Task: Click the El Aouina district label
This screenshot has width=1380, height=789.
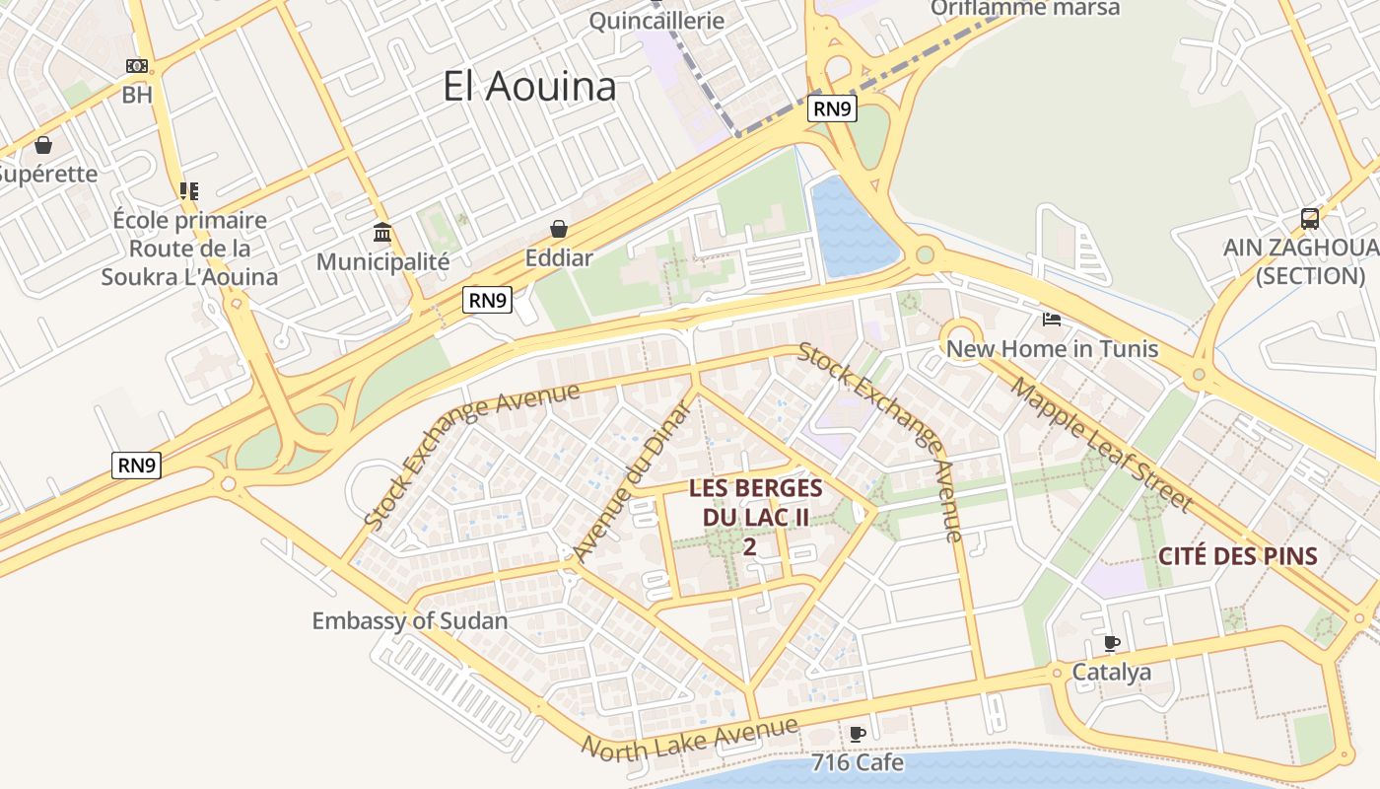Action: pyautogui.click(x=529, y=87)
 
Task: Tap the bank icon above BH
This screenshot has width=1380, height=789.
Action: pyautogui.click(x=136, y=66)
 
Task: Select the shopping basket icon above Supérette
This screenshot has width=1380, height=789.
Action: pyautogui.click(x=43, y=145)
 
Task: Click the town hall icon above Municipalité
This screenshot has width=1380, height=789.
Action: pyautogui.click(x=382, y=233)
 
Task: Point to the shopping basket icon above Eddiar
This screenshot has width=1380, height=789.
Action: pyautogui.click(x=559, y=229)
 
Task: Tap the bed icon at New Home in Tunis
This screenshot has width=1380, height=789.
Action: pyautogui.click(x=1052, y=319)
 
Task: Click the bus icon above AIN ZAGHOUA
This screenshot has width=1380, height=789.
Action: pyautogui.click(x=1309, y=218)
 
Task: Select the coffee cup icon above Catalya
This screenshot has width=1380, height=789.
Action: pyautogui.click(x=1112, y=644)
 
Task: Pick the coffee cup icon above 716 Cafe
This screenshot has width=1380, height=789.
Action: pyautogui.click(x=857, y=734)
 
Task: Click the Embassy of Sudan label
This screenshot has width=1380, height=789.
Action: pyautogui.click(x=409, y=621)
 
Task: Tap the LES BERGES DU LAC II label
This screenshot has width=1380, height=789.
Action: pyautogui.click(x=755, y=503)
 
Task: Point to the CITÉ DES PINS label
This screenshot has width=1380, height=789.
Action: pyautogui.click(x=1237, y=556)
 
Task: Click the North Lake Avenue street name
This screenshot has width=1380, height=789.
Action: pyautogui.click(x=689, y=739)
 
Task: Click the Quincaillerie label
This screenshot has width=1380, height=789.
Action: pyautogui.click(x=656, y=20)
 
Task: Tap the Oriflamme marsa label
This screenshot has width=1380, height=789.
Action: pyautogui.click(x=1025, y=9)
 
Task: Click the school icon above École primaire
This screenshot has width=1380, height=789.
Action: pyautogui.click(x=188, y=191)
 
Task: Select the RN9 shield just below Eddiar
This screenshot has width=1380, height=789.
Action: pyautogui.click(x=488, y=300)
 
